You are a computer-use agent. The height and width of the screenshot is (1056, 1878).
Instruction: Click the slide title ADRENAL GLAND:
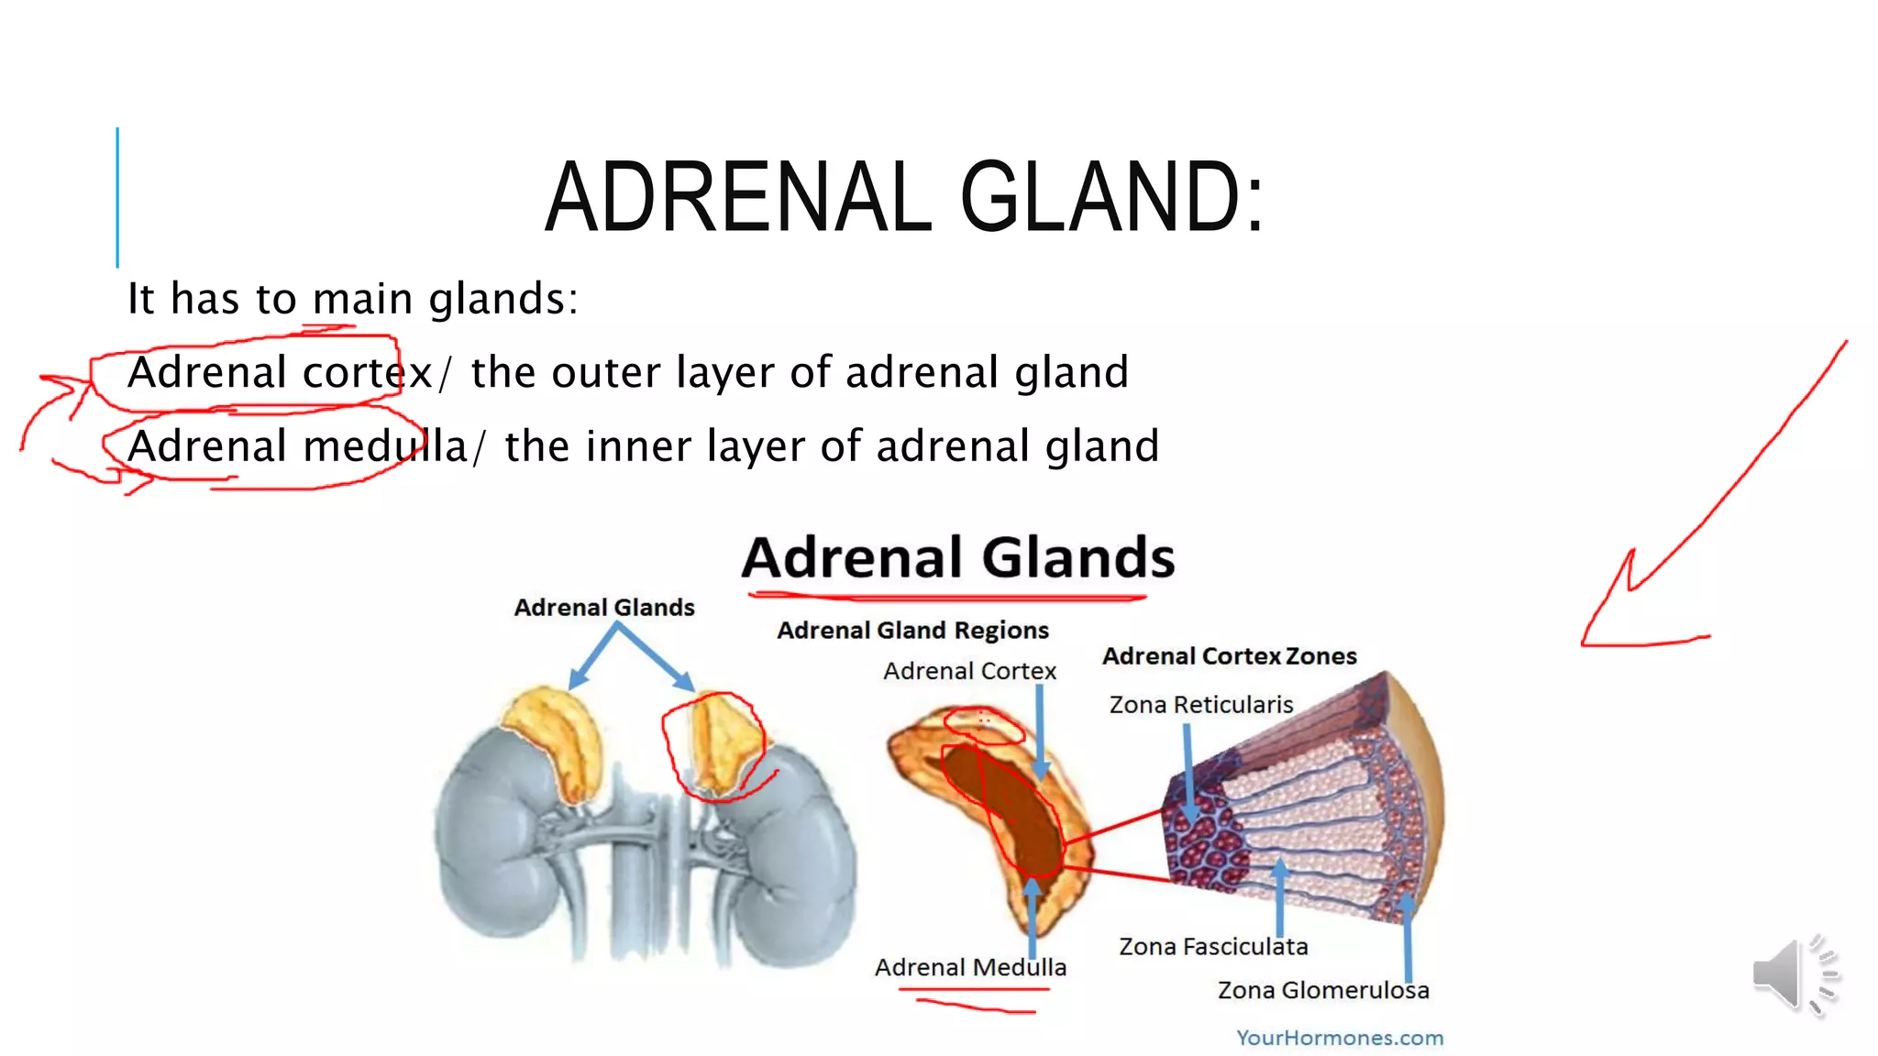tap(903, 197)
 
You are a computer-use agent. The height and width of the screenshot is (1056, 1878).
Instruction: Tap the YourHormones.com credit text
tap(1339, 1038)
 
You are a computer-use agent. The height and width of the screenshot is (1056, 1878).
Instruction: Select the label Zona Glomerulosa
tap(1322, 990)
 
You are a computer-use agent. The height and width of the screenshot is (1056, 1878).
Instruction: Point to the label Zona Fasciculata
tap(1212, 946)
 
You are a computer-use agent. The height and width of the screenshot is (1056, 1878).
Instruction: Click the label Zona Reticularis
tap(1200, 704)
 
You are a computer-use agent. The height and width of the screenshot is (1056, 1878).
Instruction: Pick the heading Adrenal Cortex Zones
tap(1229, 656)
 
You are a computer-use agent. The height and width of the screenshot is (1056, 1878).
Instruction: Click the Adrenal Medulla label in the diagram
tap(970, 967)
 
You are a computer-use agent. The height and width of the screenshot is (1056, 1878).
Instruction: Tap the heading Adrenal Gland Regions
tap(912, 631)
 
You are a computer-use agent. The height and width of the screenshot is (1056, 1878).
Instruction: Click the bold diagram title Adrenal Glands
tap(957, 557)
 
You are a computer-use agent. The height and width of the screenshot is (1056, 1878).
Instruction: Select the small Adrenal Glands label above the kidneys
tap(603, 608)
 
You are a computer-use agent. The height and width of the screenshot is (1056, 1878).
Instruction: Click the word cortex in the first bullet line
tap(367, 373)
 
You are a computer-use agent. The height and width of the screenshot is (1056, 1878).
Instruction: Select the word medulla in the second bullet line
tap(385, 447)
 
